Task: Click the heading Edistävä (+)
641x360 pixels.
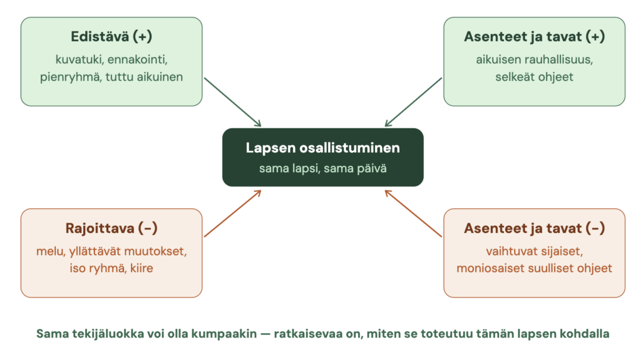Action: tap(111, 36)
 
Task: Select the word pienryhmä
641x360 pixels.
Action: tap(70, 77)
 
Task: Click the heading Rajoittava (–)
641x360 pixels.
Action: tap(111, 228)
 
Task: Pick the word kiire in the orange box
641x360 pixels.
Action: tap(141, 269)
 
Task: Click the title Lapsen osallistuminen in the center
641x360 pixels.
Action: tap(323, 148)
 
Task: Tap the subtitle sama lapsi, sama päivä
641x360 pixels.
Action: tap(323, 168)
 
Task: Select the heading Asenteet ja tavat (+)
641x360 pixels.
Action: tap(535, 36)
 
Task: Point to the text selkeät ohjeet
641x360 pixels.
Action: tap(535, 77)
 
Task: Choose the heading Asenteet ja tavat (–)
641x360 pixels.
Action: tap(535, 228)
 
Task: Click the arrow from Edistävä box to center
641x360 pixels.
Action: tap(233, 102)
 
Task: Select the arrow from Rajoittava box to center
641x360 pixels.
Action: tap(233, 213)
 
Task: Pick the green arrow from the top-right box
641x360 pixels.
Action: tap(413, 102)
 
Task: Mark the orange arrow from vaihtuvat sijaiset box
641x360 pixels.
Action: tap(413, 213)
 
